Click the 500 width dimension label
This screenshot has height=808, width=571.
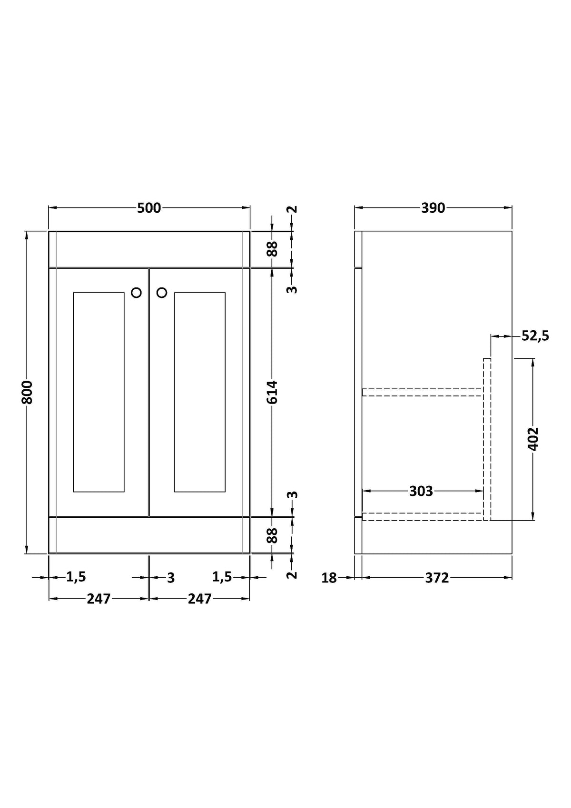pos(149,208)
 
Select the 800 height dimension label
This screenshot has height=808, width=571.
pos(27,392)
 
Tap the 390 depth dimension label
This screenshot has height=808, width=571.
pos(433,208)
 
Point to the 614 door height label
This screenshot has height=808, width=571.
pos(272,392)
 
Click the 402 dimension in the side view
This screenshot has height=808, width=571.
pos(533,439)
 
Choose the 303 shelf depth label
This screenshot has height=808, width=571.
pos(421,491)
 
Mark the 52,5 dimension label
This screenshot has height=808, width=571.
pos(535,336)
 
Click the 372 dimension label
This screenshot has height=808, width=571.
pos(437,578)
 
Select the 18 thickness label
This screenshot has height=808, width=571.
pos(329,578)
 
